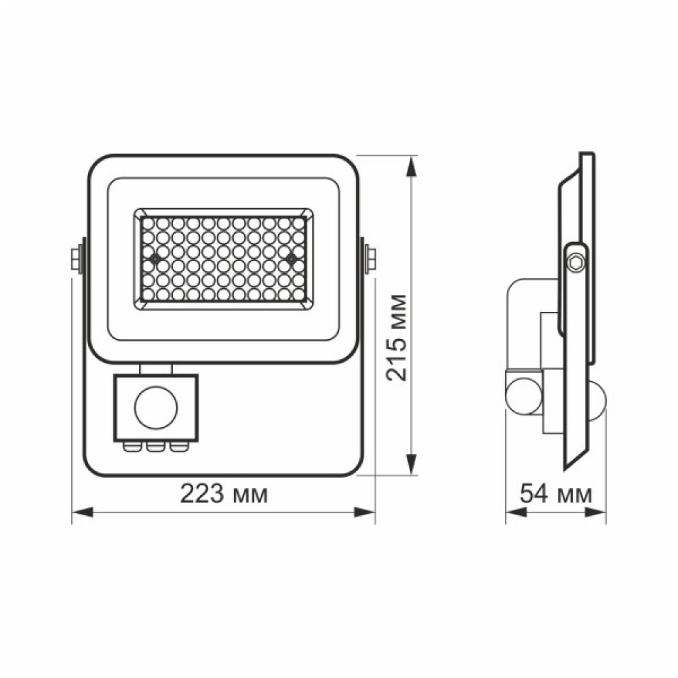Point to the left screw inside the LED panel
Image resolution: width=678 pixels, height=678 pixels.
pyautogui.click(x=155, y=259)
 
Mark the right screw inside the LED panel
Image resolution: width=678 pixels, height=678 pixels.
pyautogui.click(x=291, y=259)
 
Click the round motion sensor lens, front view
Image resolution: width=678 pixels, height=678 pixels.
pyautogui.click(x=156, y=407)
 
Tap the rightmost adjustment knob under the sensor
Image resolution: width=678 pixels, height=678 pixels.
pyautogui.click(x=178, y=446)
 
